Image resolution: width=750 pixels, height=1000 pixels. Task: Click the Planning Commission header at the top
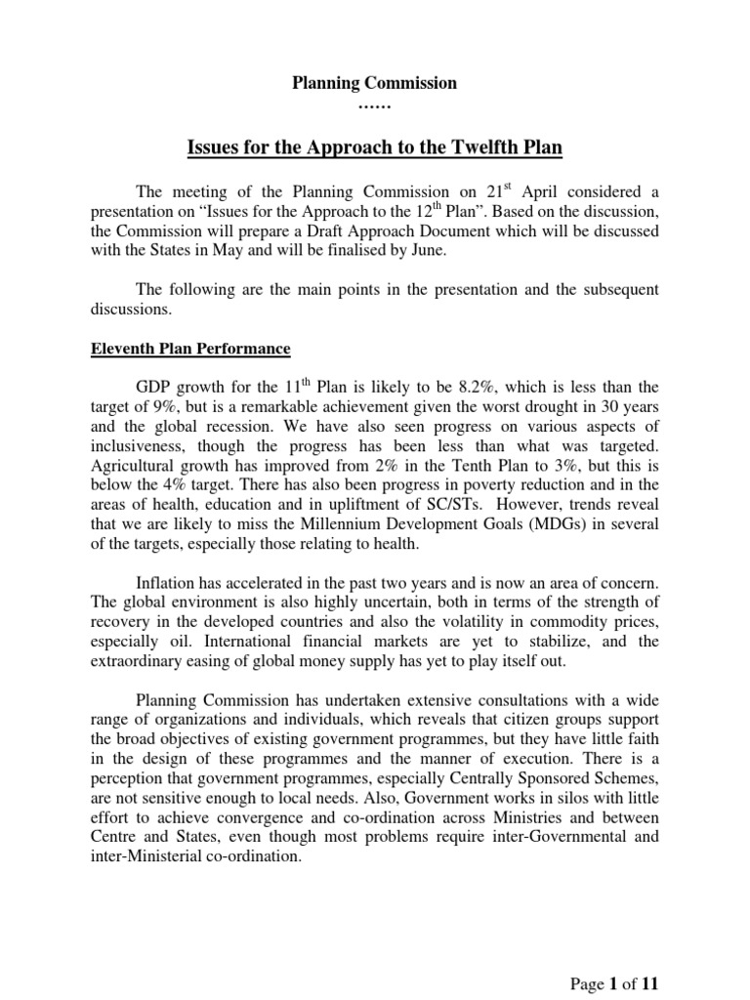[375, 84]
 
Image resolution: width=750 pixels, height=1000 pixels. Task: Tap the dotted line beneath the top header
[375, 104]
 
